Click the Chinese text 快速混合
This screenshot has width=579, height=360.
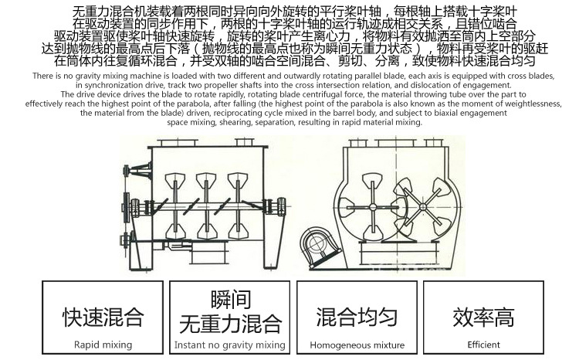(103, 317)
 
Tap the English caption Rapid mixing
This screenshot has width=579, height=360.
(103, 345)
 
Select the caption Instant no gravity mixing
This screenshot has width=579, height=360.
(230, 345)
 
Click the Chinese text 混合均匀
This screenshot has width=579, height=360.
(357, 317)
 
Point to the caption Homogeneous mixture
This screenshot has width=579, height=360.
(357, 345)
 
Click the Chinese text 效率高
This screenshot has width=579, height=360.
(483, 317)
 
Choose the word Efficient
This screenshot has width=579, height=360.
(483, 345)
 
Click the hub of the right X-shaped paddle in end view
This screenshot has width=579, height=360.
(423, 203)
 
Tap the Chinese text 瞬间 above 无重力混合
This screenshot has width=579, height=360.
(230, 301)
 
